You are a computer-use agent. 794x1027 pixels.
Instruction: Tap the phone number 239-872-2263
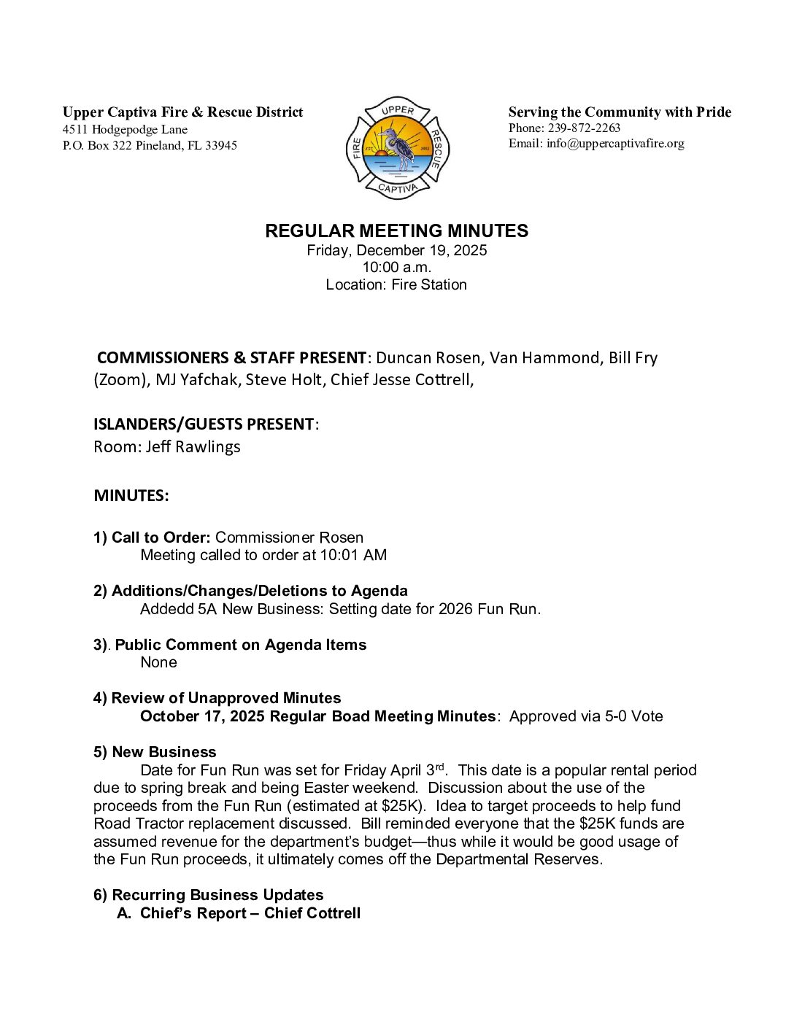(584, 128)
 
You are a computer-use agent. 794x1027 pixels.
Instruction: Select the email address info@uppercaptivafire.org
(615, 143)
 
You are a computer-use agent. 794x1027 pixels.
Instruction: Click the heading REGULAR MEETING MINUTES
(396, 231)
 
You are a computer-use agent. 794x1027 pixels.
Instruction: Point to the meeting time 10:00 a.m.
(396, 267)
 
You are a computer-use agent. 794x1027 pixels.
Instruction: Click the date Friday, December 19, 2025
(396, 250)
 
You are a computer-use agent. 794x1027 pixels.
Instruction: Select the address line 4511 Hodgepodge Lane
(125, 130)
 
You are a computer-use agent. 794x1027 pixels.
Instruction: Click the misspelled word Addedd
(166, 609)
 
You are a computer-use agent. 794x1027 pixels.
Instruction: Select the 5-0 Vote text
(633, 716)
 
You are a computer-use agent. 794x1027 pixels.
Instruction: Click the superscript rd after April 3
(439, 766)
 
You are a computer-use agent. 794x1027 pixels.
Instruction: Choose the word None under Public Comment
(158, 662)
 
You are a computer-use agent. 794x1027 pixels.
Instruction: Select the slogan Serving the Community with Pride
(620, 112)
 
